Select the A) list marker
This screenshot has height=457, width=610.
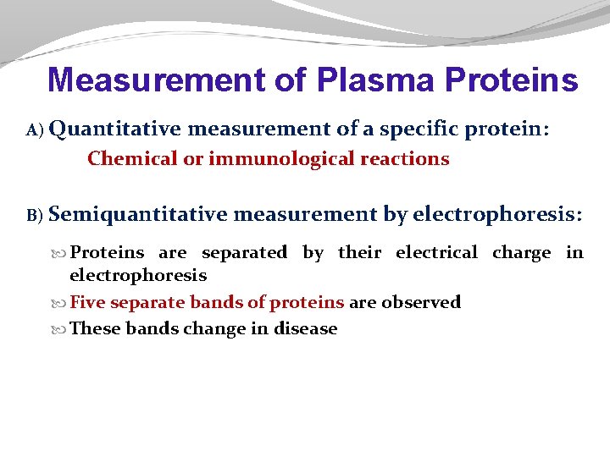34,130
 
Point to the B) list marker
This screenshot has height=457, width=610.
34,217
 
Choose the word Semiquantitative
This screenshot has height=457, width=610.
137,215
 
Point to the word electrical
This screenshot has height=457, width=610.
437,252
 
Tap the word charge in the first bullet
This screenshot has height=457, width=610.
521,252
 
